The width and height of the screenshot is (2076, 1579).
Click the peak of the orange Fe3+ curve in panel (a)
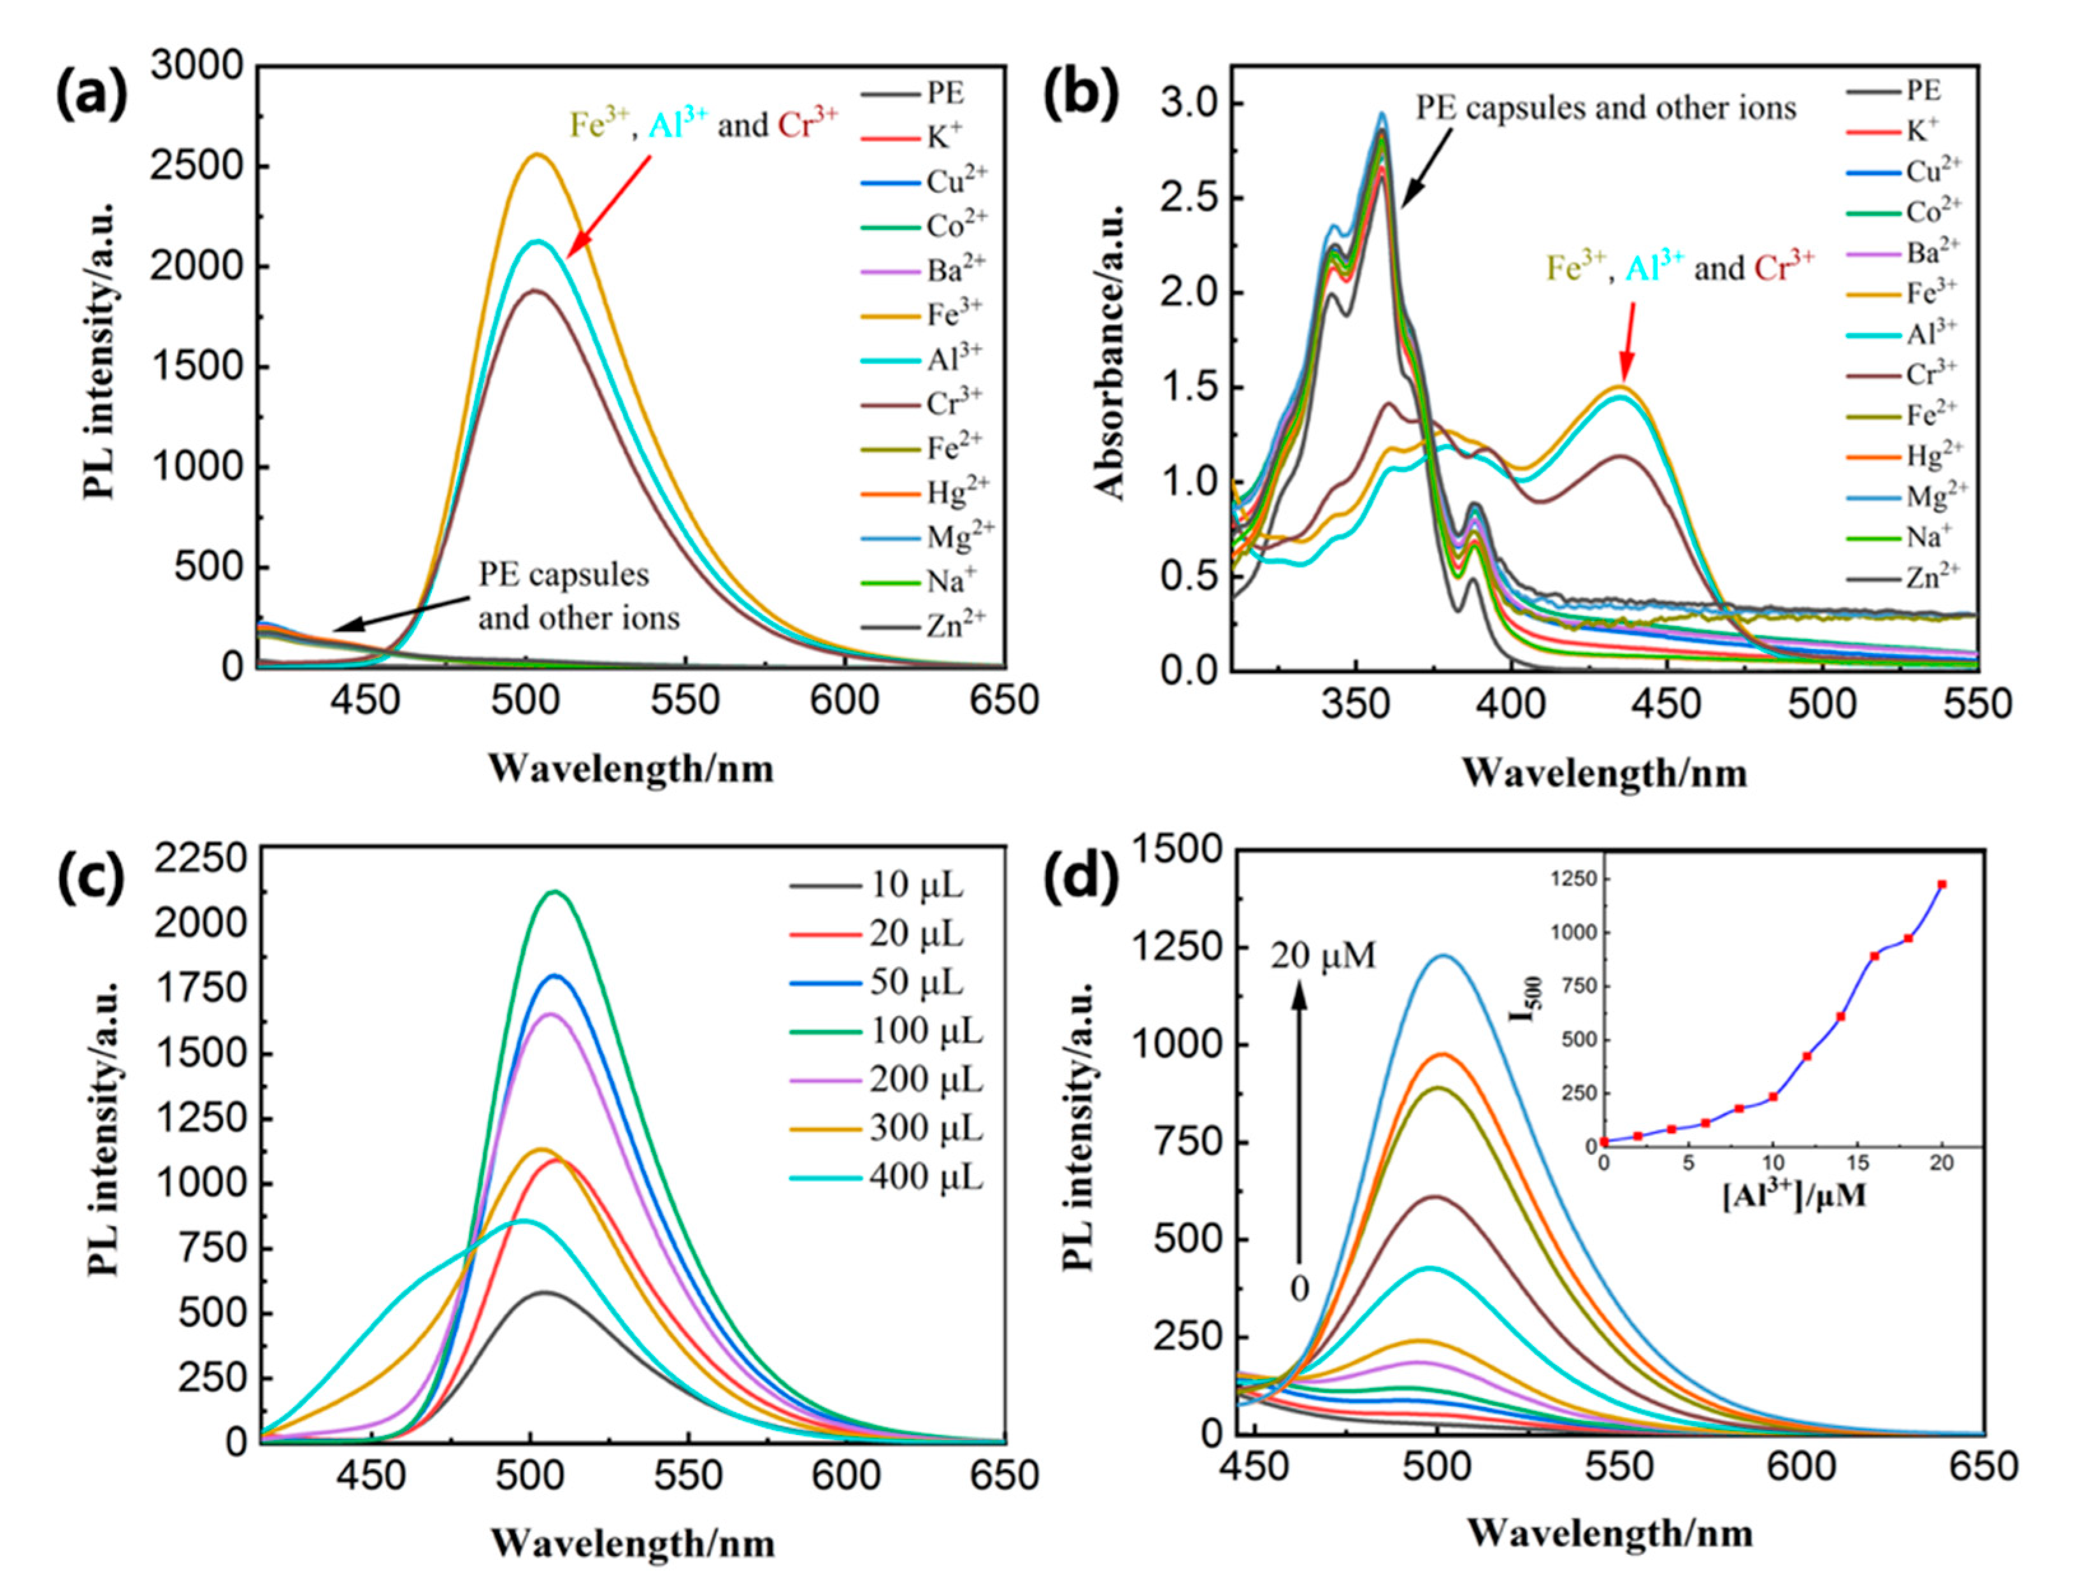pyautogui.click(x=536, y=154)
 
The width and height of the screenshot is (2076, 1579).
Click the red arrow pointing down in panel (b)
pyautogui.click(x=1627, y=341)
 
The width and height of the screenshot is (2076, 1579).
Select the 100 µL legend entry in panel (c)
pyautogui.click(x=925, y=1031)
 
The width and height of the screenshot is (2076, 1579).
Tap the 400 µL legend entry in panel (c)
pyautogui.click(x=925, y=1176)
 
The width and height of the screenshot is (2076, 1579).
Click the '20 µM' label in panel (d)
pyautogui.click(x=1323, y=956)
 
